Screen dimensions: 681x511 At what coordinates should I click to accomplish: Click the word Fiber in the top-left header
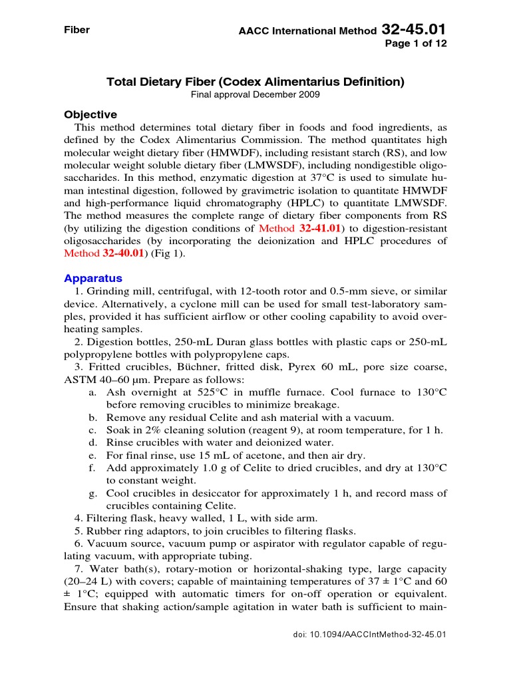pos(76,31)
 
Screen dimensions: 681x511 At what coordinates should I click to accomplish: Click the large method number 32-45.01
pos(414,29)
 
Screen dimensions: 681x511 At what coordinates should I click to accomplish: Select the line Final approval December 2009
pos(255,95)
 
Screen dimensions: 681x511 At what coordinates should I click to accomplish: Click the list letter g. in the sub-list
pos(92,493)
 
